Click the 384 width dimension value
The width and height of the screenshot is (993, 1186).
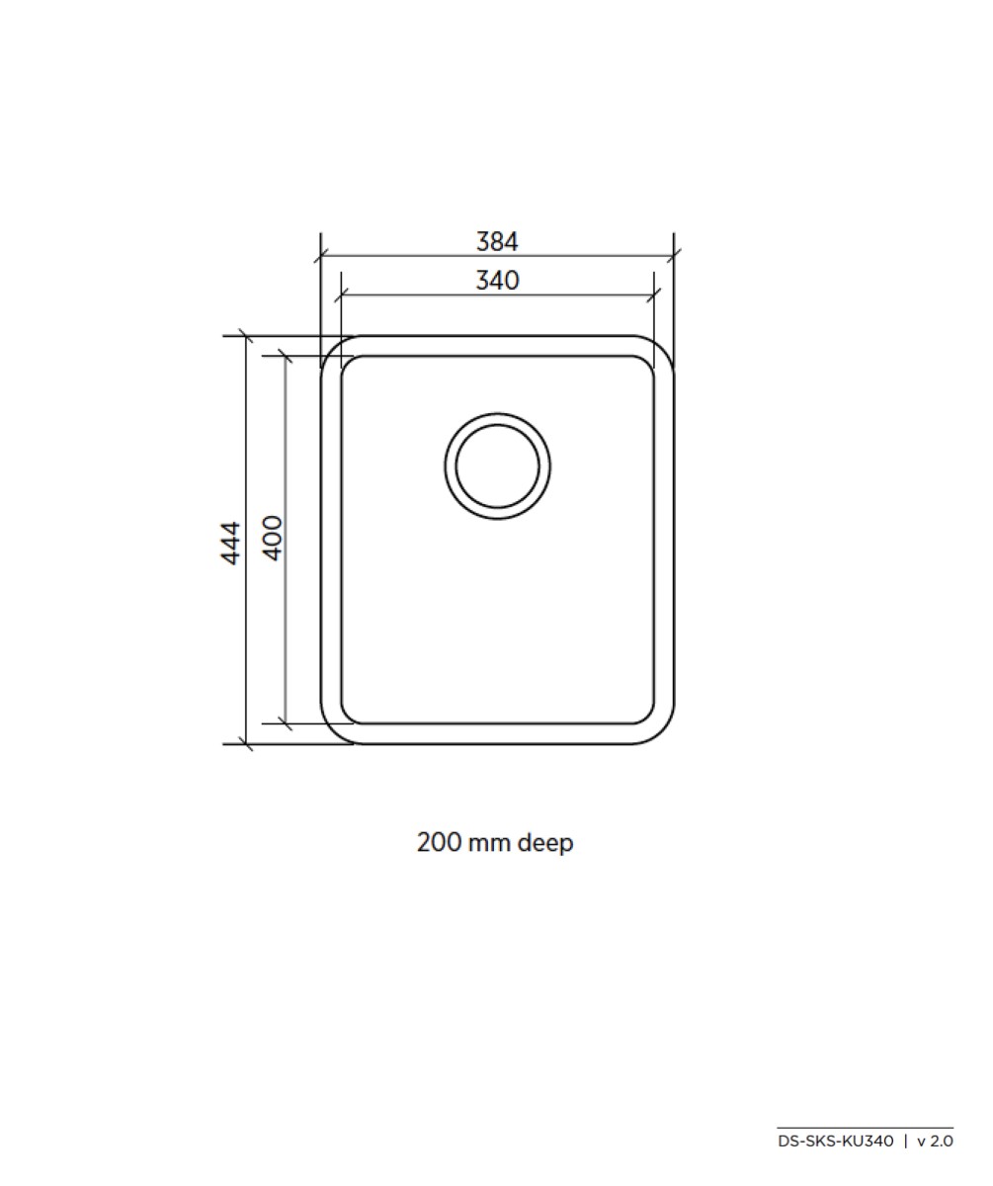pos(497,241)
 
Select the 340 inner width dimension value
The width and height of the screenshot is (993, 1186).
pos(497,281)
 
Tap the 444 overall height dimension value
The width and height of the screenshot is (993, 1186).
pos(230,542)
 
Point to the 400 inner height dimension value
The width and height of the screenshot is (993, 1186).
pos(273,538)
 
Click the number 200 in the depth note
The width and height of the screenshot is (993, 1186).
pos(439,843)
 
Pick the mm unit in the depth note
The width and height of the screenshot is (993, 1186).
pos(489,844)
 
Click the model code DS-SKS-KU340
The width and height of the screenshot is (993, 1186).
pos(835,1142)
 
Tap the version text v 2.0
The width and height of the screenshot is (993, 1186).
pos(935,1142)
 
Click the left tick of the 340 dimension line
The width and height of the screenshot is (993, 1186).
pos(341,295)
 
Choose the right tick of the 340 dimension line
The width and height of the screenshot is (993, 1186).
pos(654,295)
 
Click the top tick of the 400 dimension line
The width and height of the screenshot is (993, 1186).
pos(286,355)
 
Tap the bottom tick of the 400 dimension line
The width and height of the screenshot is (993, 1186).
pos(286,723)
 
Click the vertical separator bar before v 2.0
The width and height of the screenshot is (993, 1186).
pos(905,1142)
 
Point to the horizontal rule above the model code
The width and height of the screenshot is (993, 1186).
pos(865,1128)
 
